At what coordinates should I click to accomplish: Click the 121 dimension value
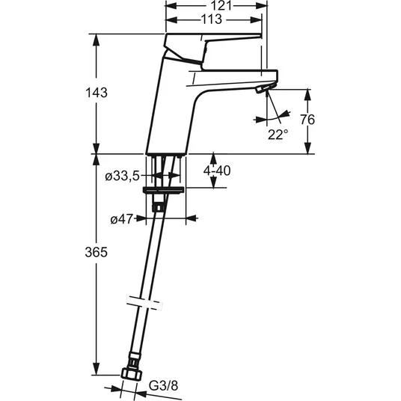pos(221,6)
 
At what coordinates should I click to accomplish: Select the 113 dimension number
pos(212,19)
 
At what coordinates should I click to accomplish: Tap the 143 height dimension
pos(97,93)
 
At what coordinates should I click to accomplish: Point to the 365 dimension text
pos(97,252)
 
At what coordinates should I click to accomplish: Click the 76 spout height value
pos(307,120)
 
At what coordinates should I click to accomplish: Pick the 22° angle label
pos(278,135)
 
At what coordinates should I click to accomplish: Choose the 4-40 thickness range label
pos(217,171)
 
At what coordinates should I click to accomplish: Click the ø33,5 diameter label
pos(122,177)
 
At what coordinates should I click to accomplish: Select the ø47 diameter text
pos(122,219)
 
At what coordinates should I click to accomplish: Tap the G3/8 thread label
pos(163,385)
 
